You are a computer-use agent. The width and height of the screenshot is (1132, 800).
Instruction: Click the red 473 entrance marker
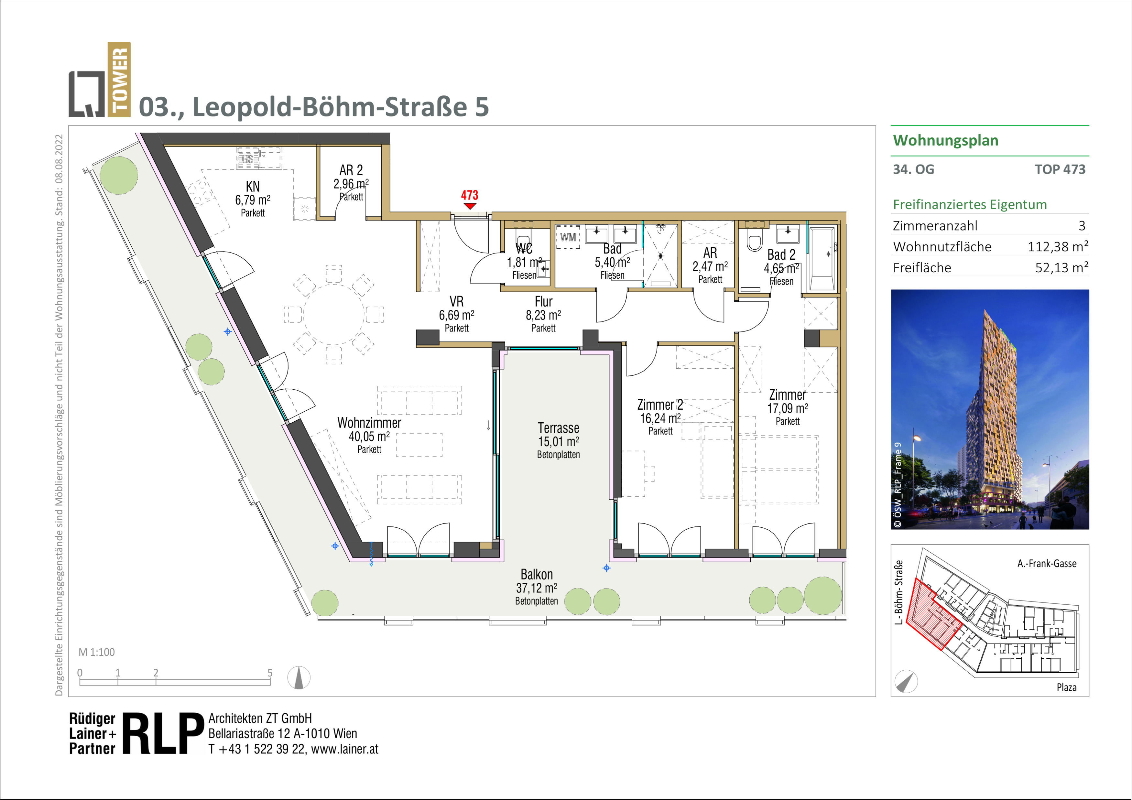[x=469, y=199]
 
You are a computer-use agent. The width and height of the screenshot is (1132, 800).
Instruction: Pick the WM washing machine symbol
[x=568, y=237]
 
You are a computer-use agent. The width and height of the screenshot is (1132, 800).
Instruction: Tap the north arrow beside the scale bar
[x=299, y=677]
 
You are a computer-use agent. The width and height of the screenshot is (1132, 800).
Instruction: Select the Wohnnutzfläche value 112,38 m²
[x=1058, y=246]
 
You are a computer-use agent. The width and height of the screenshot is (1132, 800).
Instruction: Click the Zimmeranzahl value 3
[x=1082, y=226]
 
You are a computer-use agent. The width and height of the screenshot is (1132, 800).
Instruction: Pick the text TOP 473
[x=1060, y=169]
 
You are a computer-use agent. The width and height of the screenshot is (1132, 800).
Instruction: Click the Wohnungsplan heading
[x=946, y=140]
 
